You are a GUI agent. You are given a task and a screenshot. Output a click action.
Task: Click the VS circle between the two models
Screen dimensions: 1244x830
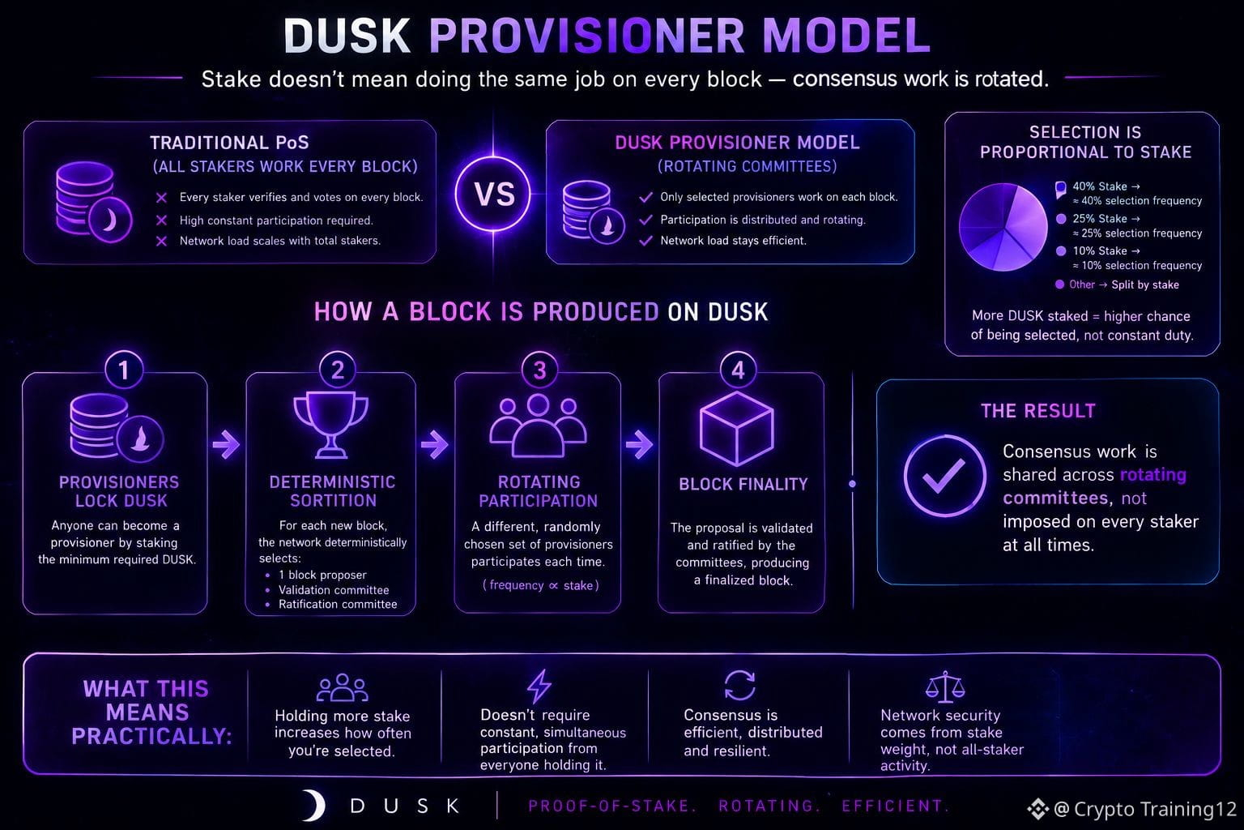493,194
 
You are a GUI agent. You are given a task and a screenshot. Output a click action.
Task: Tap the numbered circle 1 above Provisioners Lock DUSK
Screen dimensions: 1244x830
123,370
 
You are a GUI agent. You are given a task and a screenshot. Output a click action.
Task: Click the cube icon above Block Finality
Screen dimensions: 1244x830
737,428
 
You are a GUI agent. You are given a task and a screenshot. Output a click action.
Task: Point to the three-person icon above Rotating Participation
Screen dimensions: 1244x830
538,426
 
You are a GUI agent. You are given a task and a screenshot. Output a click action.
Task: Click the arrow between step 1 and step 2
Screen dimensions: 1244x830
226,443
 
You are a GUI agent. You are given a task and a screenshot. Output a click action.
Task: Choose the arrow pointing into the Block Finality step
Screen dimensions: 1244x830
639,443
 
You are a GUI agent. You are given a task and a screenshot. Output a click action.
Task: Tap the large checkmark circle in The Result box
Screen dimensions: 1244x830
944,477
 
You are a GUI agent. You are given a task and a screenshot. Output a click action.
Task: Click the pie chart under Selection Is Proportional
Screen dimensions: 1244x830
1003,227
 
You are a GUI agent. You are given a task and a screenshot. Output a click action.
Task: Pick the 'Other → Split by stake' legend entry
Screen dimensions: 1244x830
1118,285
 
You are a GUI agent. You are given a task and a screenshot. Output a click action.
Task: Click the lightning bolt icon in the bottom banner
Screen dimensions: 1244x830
539,686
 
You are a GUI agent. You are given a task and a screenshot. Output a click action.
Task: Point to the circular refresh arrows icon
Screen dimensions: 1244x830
739,685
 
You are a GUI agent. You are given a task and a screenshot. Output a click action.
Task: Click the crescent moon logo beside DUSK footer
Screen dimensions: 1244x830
313,806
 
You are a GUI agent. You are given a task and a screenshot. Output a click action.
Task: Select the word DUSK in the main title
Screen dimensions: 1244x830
347,36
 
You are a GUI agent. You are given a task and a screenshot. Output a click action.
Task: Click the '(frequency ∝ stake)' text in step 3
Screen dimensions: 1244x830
540,585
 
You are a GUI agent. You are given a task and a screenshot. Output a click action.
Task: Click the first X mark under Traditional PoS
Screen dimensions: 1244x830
162,197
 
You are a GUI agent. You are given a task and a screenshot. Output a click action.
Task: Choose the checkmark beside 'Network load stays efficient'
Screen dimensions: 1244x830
645,241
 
